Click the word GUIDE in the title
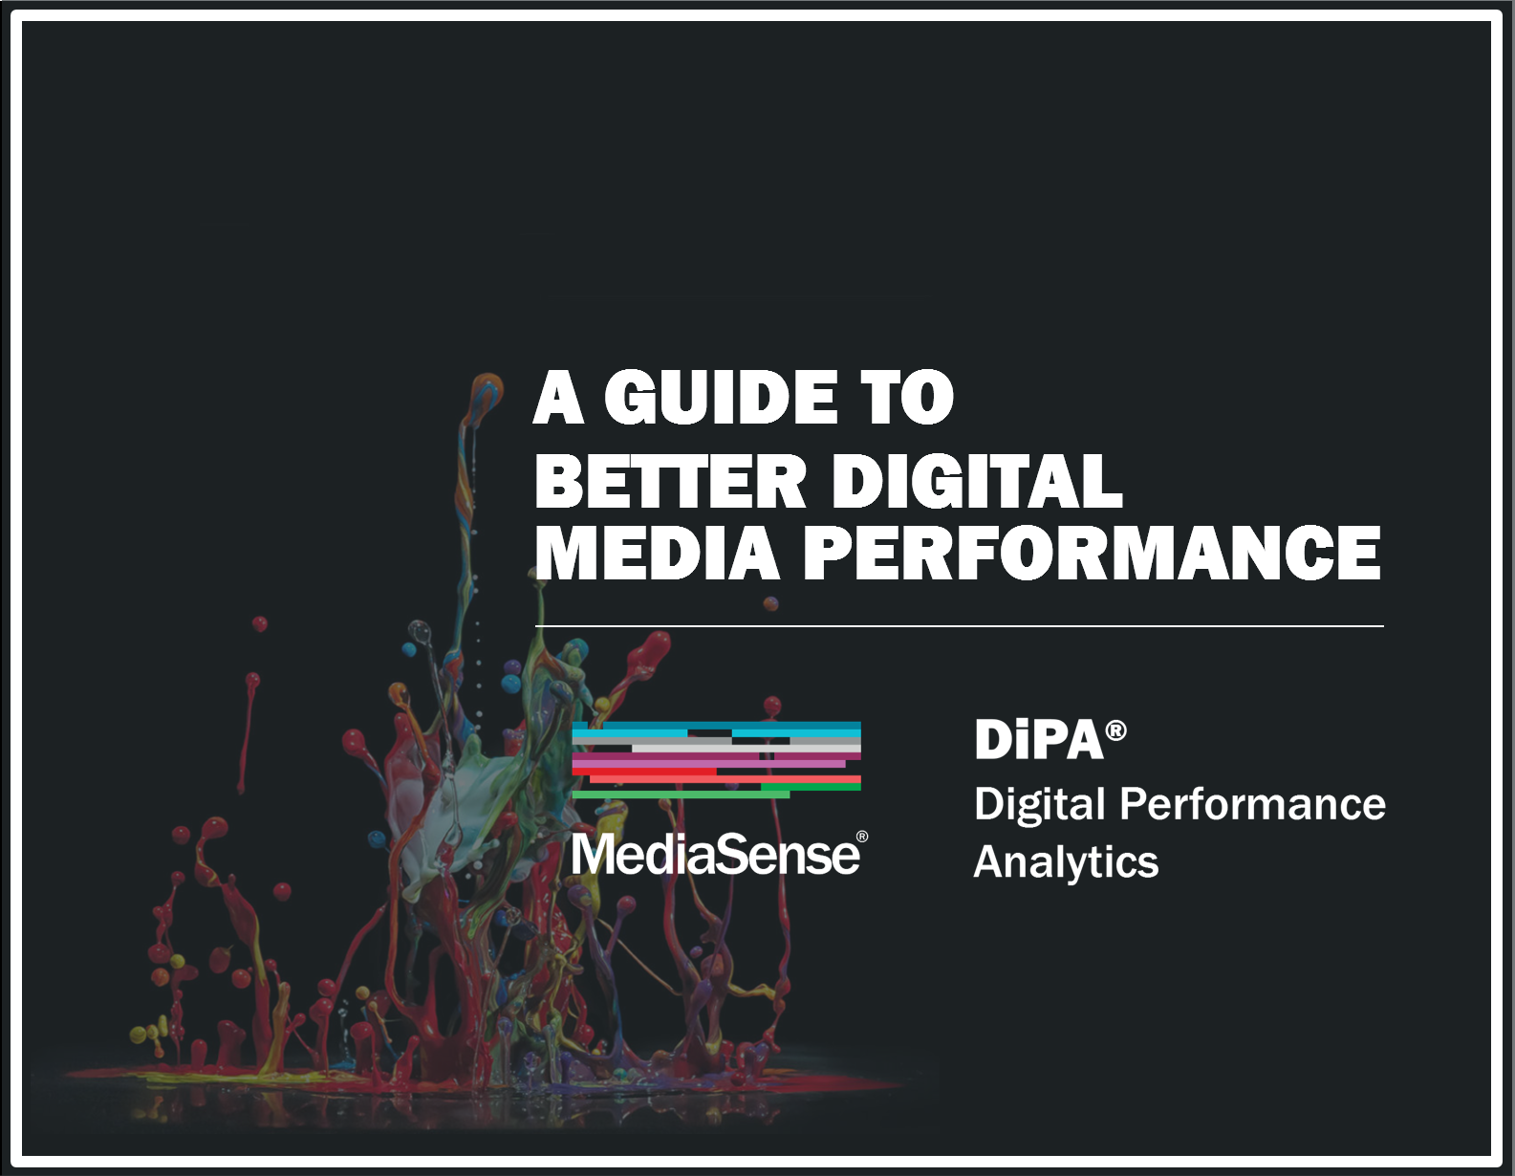coord(720,398)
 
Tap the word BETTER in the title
coord(670,482)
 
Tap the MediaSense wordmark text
coord(715,854)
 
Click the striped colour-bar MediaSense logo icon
coord(716,760)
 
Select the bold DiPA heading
coord(1040,740)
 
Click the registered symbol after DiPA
coord(1115,730)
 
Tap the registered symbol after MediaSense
coord(862,837)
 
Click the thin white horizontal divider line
coord(960,626)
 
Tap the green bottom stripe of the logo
coord(681,795)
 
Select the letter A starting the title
coord(558,398)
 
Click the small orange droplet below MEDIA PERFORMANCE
coord(770,603)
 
